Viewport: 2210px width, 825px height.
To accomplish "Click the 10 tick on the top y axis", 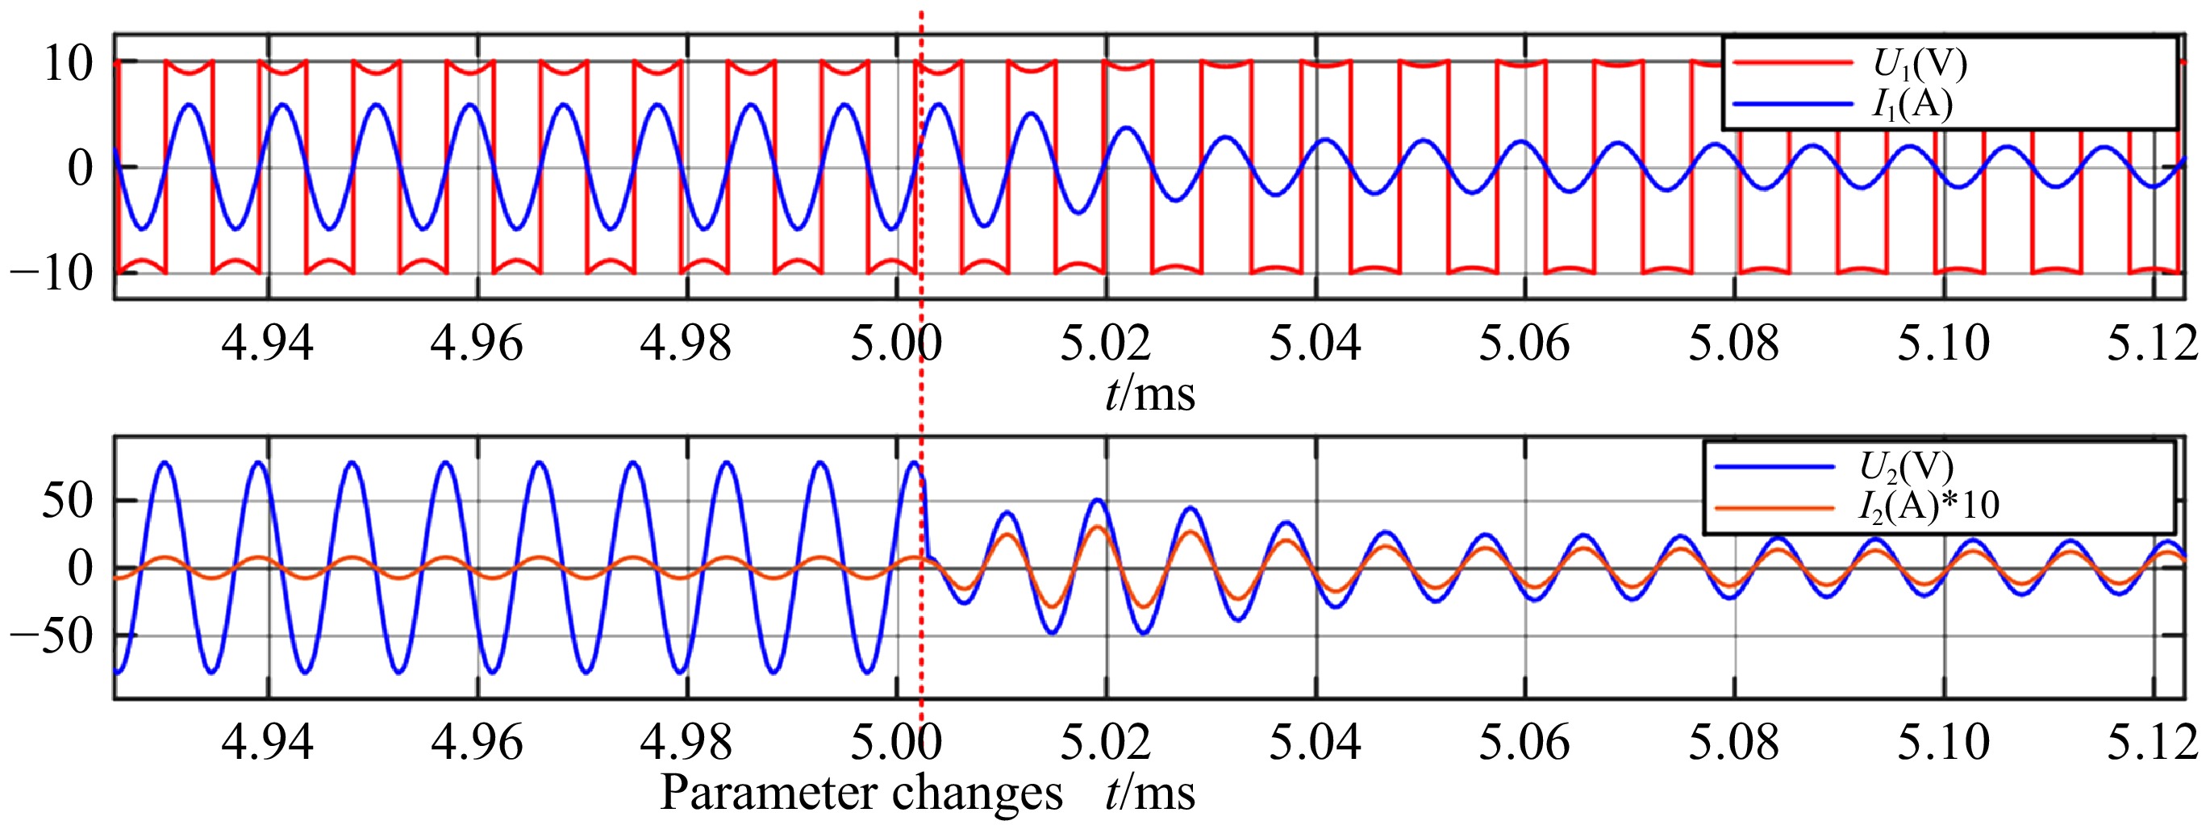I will [68, 64].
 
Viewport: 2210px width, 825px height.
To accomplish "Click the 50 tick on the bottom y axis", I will [67, 501].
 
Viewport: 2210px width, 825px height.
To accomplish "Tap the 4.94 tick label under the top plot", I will [267, 344].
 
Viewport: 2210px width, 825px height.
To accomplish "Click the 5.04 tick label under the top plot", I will [1315, 344].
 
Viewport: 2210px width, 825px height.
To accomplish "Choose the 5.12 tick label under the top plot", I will [2152, 344].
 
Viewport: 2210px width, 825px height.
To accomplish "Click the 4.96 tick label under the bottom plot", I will [476, 743].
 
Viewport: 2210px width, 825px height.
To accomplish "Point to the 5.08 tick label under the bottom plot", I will [1733, 743].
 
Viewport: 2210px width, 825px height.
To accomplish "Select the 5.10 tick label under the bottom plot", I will [1942, 743].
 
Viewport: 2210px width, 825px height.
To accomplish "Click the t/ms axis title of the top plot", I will [1149, 394].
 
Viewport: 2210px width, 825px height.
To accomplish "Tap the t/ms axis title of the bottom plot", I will [1149, 793].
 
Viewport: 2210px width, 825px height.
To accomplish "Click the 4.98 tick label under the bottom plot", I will [686, 743].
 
